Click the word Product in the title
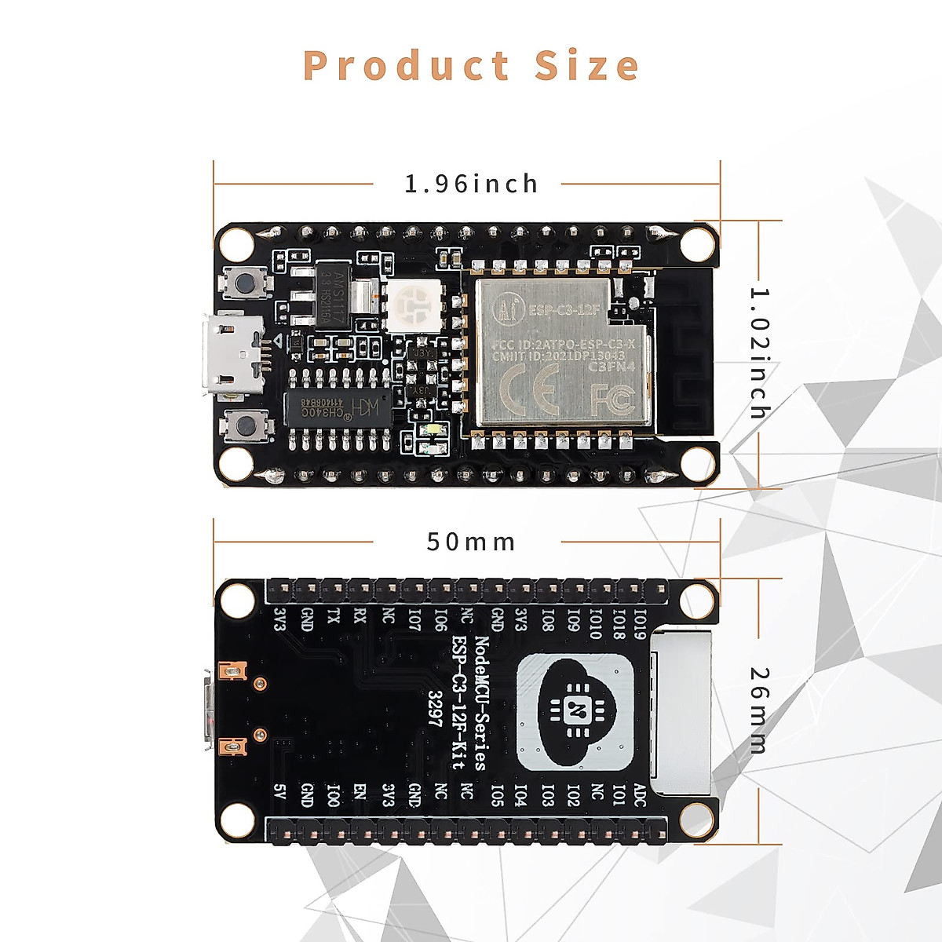coord(406,66)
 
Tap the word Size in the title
coord(586,66)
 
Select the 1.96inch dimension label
coord(471,184)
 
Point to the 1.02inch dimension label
coord(760,353)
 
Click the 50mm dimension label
coord(471,542)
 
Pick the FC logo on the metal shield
coord(612,400)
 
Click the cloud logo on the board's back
coord(575,711)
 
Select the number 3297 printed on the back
coord(436,709)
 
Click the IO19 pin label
coord(641,623)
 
